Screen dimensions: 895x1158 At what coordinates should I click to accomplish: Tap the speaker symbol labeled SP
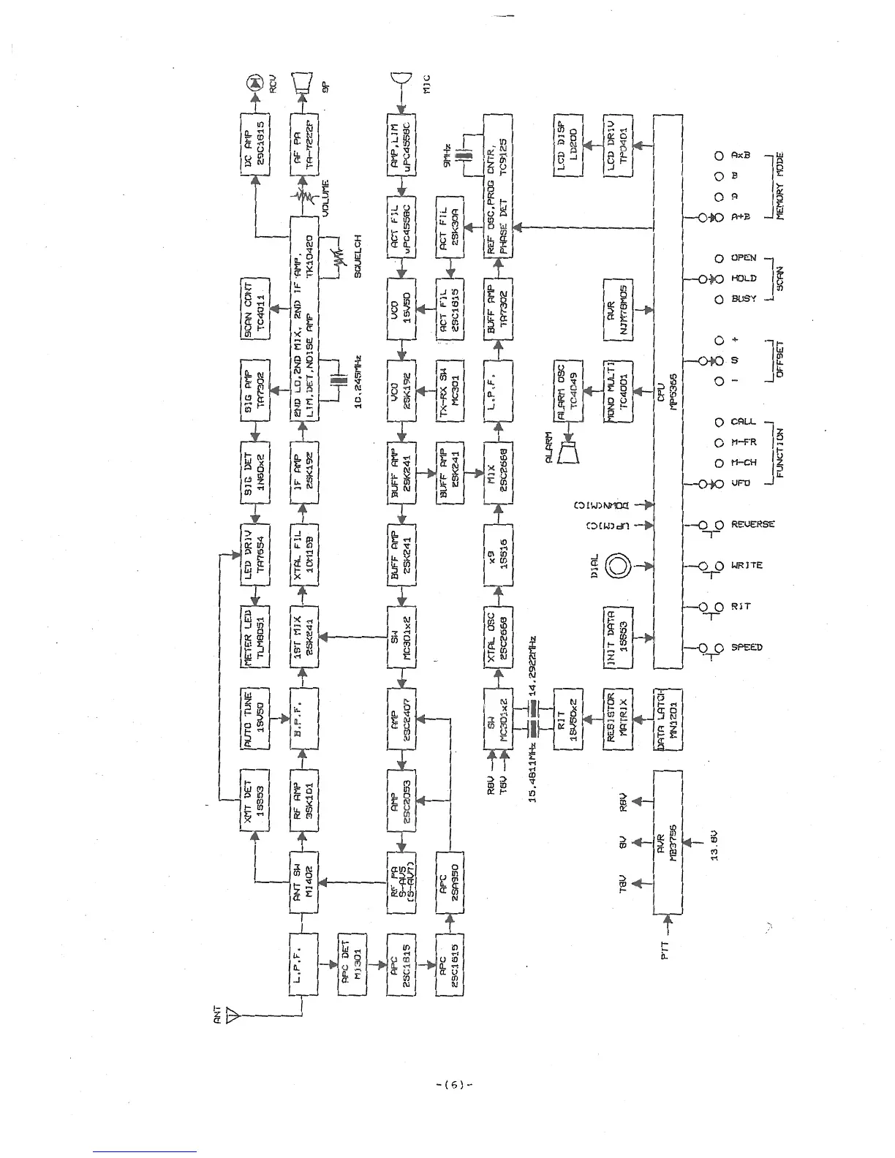pos(303,85)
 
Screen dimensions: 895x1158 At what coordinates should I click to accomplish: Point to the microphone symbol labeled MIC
pos(401,78)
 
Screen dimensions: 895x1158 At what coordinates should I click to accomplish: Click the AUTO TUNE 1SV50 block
pos(256,718)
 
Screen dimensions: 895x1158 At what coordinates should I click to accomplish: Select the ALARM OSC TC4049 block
pos(568,391)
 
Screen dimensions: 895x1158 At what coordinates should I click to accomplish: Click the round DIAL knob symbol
pos(619,565)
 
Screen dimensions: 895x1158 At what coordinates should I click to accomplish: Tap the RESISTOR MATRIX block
pos(618,718)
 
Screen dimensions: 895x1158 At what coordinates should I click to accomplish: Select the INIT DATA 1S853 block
pos(618,636)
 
